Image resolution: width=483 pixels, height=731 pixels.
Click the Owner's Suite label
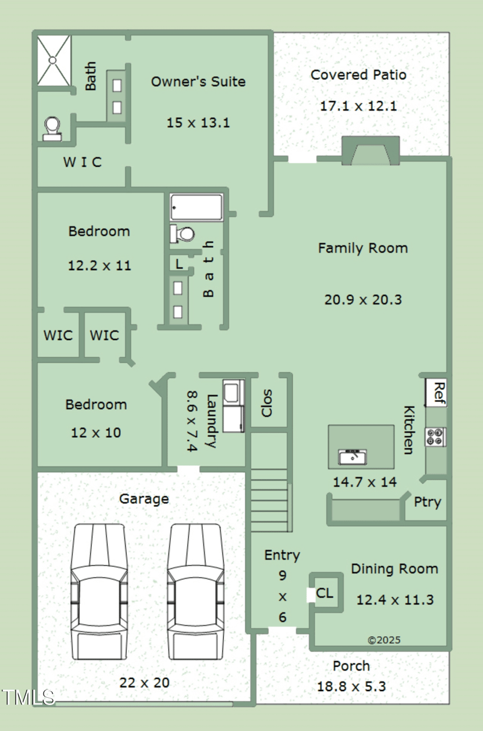[198, 82]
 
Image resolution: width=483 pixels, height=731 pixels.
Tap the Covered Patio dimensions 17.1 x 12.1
[358, 106]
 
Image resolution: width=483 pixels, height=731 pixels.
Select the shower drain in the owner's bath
[53, 60]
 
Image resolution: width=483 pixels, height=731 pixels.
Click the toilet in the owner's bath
[53, 129]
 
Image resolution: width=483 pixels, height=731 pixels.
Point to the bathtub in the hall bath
[196, 207]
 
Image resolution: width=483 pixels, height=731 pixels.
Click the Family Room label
[363, 248]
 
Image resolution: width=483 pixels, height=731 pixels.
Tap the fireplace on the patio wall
[371, 151]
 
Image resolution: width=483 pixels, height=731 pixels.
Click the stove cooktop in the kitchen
[436, 437]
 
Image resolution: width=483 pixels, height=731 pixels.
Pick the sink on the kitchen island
[353, 457]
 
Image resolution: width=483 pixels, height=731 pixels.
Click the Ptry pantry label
[427, 502]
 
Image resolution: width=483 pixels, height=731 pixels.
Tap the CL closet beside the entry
[325, 593]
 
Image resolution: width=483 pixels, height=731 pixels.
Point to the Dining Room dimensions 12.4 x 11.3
[395, 600]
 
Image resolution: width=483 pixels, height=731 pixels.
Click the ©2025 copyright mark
[384, 640]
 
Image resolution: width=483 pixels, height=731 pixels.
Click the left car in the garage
[99, 591]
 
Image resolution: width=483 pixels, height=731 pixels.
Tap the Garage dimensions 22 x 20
[144, 683]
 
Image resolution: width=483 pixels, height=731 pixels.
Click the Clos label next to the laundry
[266, 403]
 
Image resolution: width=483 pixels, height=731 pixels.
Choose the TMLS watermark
[28, 697]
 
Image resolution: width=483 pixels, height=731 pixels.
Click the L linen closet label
[179, 264]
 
